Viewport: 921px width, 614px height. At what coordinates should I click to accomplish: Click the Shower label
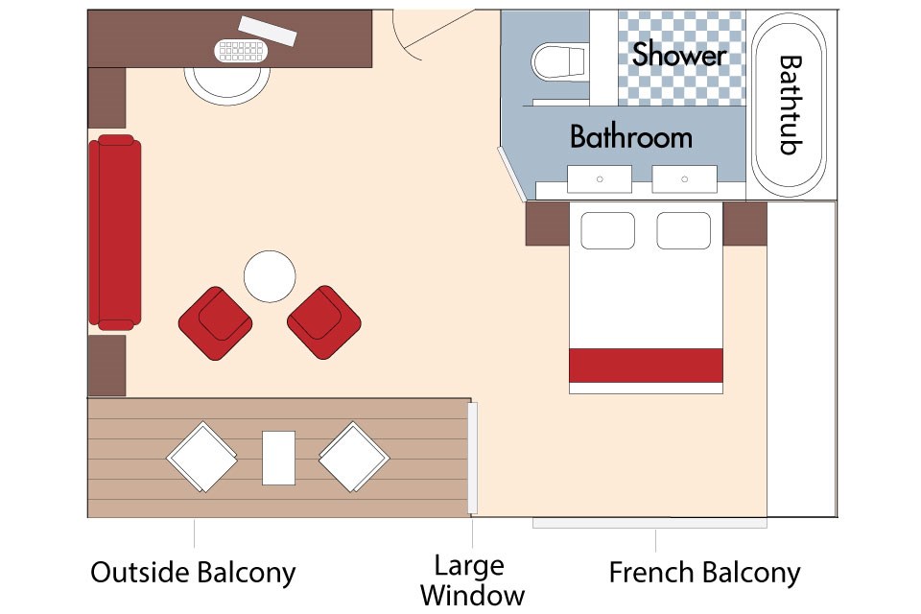click(679, 54)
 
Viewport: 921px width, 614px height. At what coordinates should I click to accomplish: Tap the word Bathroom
click(631, 137)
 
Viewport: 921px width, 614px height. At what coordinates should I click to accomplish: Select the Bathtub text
click(791, 105)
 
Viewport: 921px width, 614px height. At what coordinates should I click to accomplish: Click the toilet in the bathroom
click(559, 61)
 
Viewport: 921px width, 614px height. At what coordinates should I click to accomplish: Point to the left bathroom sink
click(599, 179)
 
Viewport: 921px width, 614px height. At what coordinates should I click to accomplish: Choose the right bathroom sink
click(684, 179)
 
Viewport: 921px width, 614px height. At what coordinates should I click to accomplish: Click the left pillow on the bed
click(608, 231)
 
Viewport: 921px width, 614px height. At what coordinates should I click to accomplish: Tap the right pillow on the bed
click(684, 231)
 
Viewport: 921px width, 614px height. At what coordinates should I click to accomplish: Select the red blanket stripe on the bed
click(646, 366)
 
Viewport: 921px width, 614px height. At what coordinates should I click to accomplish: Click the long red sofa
click(115, 232)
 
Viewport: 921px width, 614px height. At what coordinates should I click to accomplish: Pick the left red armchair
click(216, 323)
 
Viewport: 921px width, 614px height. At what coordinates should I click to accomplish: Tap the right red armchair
click(324, 322)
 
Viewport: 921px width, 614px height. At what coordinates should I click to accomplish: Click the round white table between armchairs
click(270, 276)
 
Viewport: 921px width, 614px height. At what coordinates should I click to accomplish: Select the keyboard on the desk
click(242, 51)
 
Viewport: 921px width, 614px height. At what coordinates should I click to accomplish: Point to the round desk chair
click(227, 85)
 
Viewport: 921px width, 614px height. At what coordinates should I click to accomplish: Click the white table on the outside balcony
click(278, 458)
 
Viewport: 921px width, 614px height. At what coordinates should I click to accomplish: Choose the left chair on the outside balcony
click(202, 457)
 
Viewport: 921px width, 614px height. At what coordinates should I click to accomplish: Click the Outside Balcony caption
click(193, 573)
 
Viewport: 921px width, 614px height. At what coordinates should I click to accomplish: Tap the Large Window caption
click(472, 580)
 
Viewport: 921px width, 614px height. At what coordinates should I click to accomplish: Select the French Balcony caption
click(704, 573)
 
